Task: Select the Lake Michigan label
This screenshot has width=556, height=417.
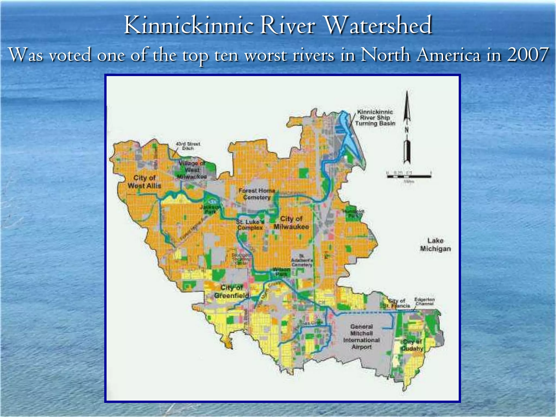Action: point(435,245)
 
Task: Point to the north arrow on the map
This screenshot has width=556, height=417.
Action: point(406,128)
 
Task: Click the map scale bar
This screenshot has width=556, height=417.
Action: point(409,176)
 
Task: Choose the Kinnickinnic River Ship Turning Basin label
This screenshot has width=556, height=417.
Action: point(375,118)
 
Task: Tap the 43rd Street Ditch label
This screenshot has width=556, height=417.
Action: point(188,146)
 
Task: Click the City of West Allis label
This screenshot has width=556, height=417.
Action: point(144,182)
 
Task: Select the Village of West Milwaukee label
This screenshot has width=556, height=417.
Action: point(192,170)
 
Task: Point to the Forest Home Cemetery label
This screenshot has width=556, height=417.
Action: point(257,194)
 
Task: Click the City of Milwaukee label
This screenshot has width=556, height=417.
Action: point(291,223)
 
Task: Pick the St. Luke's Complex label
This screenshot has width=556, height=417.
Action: point(250,225)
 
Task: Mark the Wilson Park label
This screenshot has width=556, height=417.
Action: point(281,271)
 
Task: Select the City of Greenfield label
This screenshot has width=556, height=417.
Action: point(231,291)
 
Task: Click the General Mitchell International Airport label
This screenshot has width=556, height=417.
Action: point(361,337)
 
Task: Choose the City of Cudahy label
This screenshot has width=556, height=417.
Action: point(412,345)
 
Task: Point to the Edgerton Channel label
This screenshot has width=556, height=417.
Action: point(424,301)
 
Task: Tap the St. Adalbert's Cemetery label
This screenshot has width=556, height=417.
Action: point(302,260)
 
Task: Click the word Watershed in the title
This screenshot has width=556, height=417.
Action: point(378,26)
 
